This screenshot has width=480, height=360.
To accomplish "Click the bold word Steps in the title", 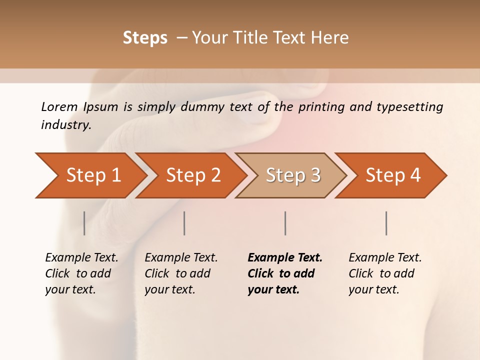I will (x=145, y=38).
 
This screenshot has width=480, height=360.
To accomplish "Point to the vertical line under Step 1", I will (x=84, y=223).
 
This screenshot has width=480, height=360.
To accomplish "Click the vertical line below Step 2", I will (x=184, y=223).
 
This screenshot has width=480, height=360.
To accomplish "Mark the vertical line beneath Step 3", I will (x=285, y=223).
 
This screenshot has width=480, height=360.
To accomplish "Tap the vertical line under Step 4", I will (x=386, y=223).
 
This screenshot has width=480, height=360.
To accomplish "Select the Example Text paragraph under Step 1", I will (x=81, y=273).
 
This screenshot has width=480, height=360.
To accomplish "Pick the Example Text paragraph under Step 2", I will (x=181, y=273).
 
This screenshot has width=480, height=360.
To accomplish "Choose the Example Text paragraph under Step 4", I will (x=385, y=273).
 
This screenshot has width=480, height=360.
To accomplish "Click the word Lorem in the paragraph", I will (x=59, y=107).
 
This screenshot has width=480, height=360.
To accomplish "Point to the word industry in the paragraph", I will (x=65, y=125).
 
